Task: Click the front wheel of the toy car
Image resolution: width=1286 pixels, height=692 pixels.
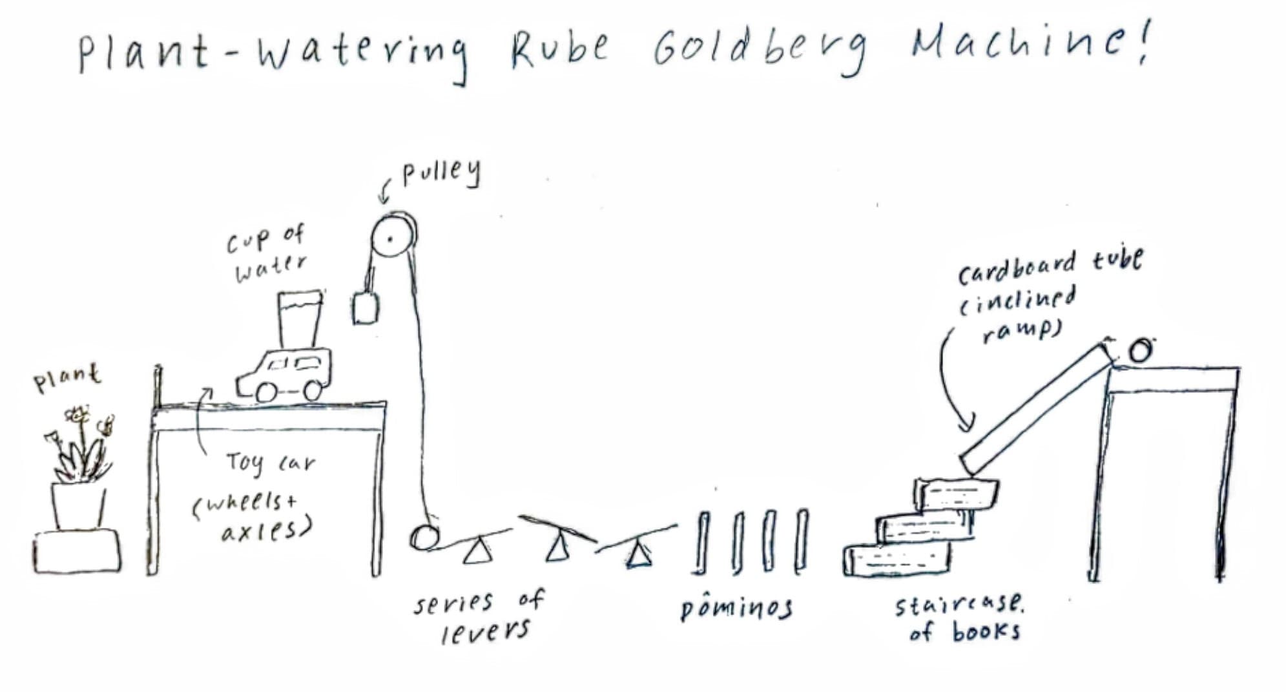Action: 266,391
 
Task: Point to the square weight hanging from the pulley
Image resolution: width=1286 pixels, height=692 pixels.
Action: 366,308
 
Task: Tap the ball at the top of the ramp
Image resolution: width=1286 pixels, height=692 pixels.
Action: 1141,350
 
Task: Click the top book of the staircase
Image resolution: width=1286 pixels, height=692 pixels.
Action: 956,494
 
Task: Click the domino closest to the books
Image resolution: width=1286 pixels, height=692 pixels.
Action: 802,541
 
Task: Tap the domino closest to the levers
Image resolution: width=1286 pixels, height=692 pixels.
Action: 702,543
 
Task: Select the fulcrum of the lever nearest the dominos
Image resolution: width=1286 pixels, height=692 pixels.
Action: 639,555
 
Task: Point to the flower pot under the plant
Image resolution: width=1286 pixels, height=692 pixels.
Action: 78,506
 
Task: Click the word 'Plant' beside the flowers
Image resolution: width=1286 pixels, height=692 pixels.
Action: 67,377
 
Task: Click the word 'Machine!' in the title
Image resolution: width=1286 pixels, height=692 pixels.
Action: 1030,40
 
